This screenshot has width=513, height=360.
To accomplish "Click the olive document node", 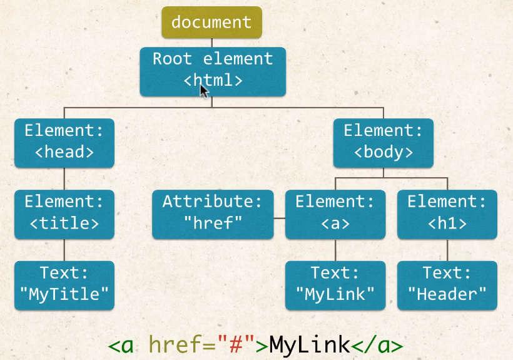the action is [211, 23].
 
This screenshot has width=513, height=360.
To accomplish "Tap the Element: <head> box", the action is [64, 142].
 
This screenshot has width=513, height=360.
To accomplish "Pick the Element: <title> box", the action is [64, 213].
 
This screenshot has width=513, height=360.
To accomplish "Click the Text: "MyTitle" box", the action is [64, 285].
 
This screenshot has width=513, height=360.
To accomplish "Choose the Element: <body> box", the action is [383, 142].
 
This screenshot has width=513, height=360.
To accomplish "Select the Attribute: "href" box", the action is [213, 213].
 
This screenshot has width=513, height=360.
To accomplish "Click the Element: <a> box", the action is [335, 213].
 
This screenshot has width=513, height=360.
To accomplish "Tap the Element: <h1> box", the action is [447, 213].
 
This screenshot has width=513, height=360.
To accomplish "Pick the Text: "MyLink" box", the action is [335, 285].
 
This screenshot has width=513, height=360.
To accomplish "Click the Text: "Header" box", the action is [447, 285].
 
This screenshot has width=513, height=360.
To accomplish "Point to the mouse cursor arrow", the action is [204, 91].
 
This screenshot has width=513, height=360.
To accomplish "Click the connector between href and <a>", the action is [279, 219].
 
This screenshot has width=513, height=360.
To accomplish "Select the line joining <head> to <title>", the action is [64, 178].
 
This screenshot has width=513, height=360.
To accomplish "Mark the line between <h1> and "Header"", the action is [447, 250].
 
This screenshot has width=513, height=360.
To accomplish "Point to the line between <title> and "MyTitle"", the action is [64, 250].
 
